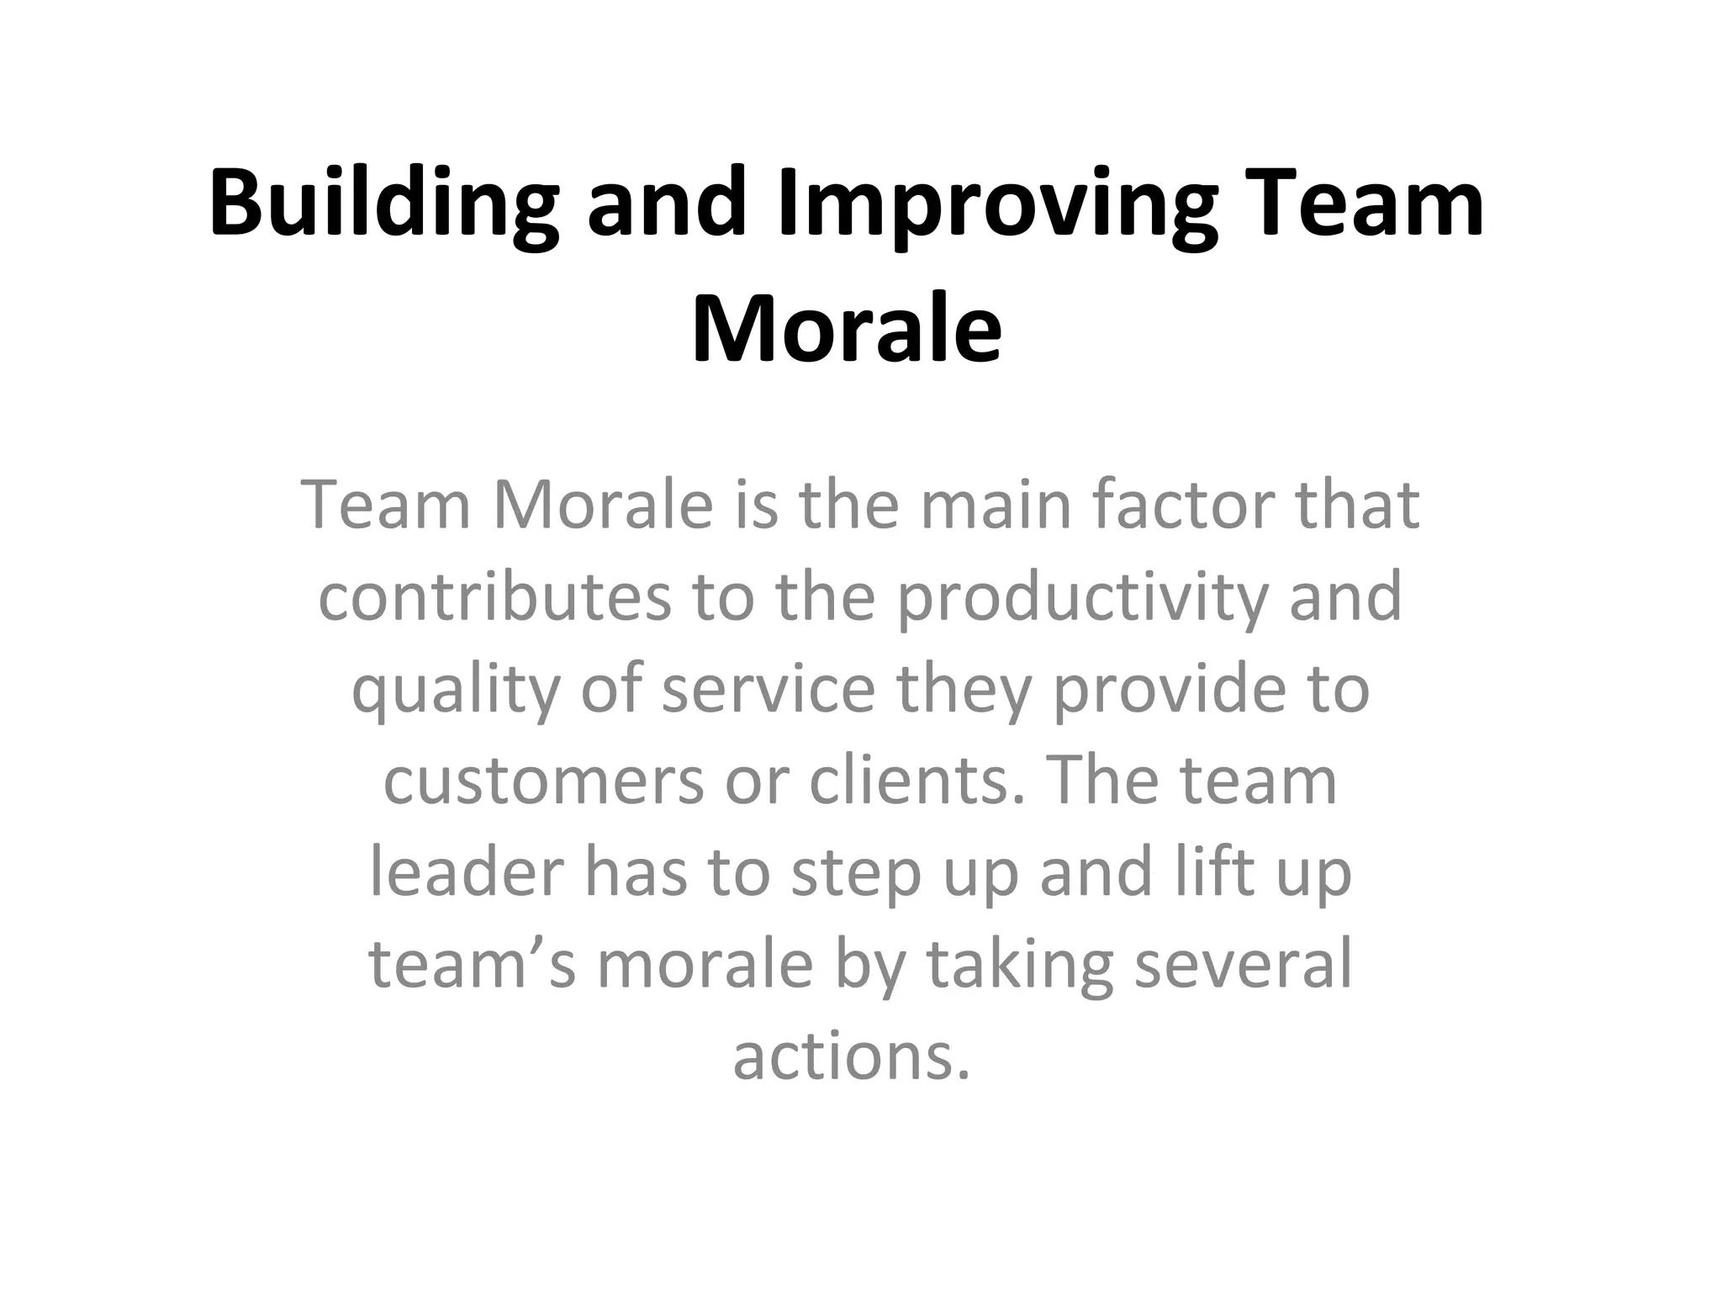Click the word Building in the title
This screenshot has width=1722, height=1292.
pyautogui.click(x=383, y=205)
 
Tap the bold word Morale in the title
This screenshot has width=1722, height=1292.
pyautogui.click(x=847, y=328)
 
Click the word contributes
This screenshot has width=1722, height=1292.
pyautogui.click(x=494, y=596)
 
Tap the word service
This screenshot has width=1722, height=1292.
pyautogui.click(x=769, y=689)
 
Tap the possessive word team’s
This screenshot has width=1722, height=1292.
pyautogui.click(x=472, y=964)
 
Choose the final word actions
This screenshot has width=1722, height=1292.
pyautogui.click(x=851, y=1056)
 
